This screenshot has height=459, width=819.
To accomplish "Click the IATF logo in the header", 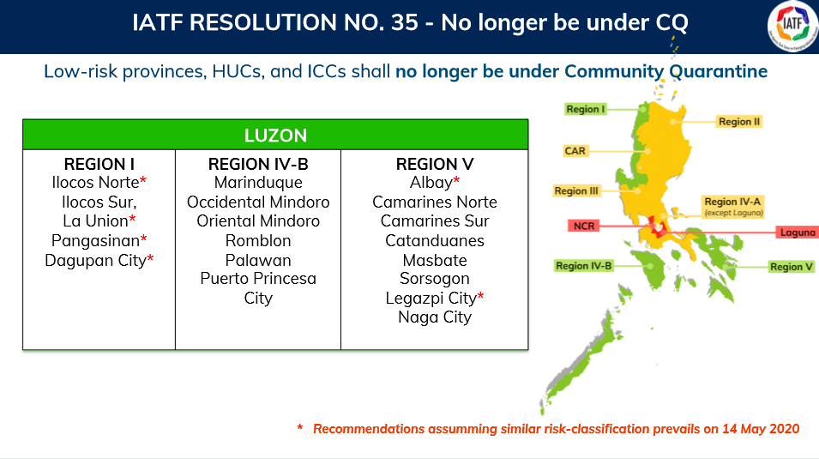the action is pos(793,26).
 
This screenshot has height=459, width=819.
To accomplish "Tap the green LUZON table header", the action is pos(275,135).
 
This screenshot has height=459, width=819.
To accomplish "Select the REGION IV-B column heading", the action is pos(258,164).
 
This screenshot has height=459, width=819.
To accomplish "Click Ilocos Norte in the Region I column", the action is pos(95,183).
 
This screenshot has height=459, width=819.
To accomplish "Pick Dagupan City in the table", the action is pos(95,260).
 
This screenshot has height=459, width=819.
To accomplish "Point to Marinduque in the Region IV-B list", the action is pos(258,183).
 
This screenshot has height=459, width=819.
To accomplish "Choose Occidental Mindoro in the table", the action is pos(258,202).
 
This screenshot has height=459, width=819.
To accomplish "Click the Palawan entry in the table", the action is pos(258,260).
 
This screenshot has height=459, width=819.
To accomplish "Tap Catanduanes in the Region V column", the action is pos(435,240).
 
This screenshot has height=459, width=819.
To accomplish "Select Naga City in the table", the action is pos(435,317).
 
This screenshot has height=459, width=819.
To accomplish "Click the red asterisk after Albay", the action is pos(456,180).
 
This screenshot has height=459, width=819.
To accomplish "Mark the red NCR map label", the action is pos(584,226).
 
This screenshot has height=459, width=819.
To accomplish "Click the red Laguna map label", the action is pos(797,233).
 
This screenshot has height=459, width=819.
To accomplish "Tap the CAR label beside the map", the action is pos(575,151).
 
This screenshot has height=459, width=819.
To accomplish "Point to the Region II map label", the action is pos(739,122).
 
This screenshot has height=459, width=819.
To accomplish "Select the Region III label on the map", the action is pos(576,190).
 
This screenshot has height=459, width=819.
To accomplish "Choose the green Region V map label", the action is pos(792,267).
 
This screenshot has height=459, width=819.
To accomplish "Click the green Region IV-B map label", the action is pos(583,266).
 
